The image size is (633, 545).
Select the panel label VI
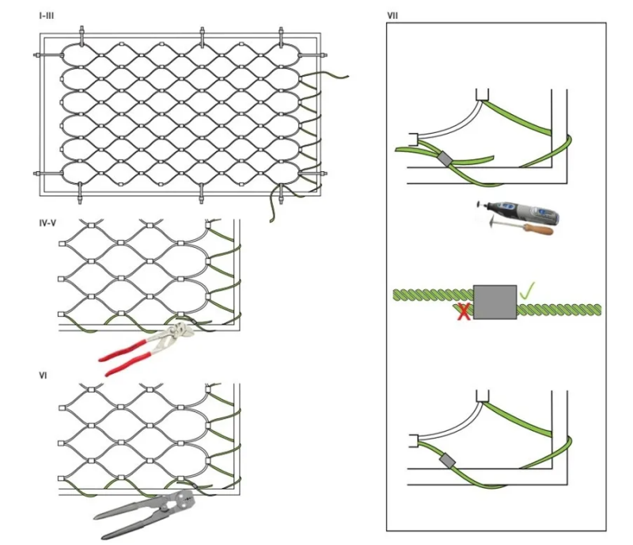tap(43, 374)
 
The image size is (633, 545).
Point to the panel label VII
tap(393, 16)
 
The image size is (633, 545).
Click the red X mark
tap(464, 311)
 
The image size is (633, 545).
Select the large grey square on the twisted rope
tap(495, 302)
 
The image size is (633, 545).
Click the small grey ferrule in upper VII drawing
tap(445, 159)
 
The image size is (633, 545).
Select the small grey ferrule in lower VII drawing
tap(448, 460)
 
